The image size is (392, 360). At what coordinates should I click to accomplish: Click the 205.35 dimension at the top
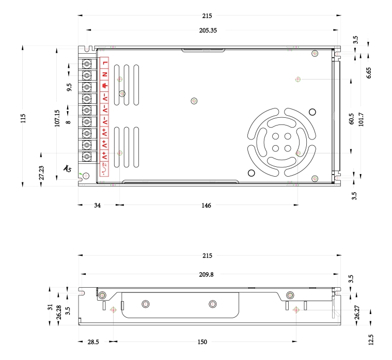(208, 30)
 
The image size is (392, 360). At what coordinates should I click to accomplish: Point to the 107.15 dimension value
(57, 117)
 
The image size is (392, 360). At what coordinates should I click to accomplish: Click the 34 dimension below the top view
(97, 205)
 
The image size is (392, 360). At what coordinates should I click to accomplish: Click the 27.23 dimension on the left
(41, 173)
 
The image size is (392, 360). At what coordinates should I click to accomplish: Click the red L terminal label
(105, 64)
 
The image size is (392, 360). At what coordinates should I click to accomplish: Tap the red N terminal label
(105, 75)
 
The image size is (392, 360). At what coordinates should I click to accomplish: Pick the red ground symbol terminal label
(105, 86)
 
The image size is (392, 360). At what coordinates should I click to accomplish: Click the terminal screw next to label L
(87, 64)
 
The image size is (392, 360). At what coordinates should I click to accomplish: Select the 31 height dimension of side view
(50, 307)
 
